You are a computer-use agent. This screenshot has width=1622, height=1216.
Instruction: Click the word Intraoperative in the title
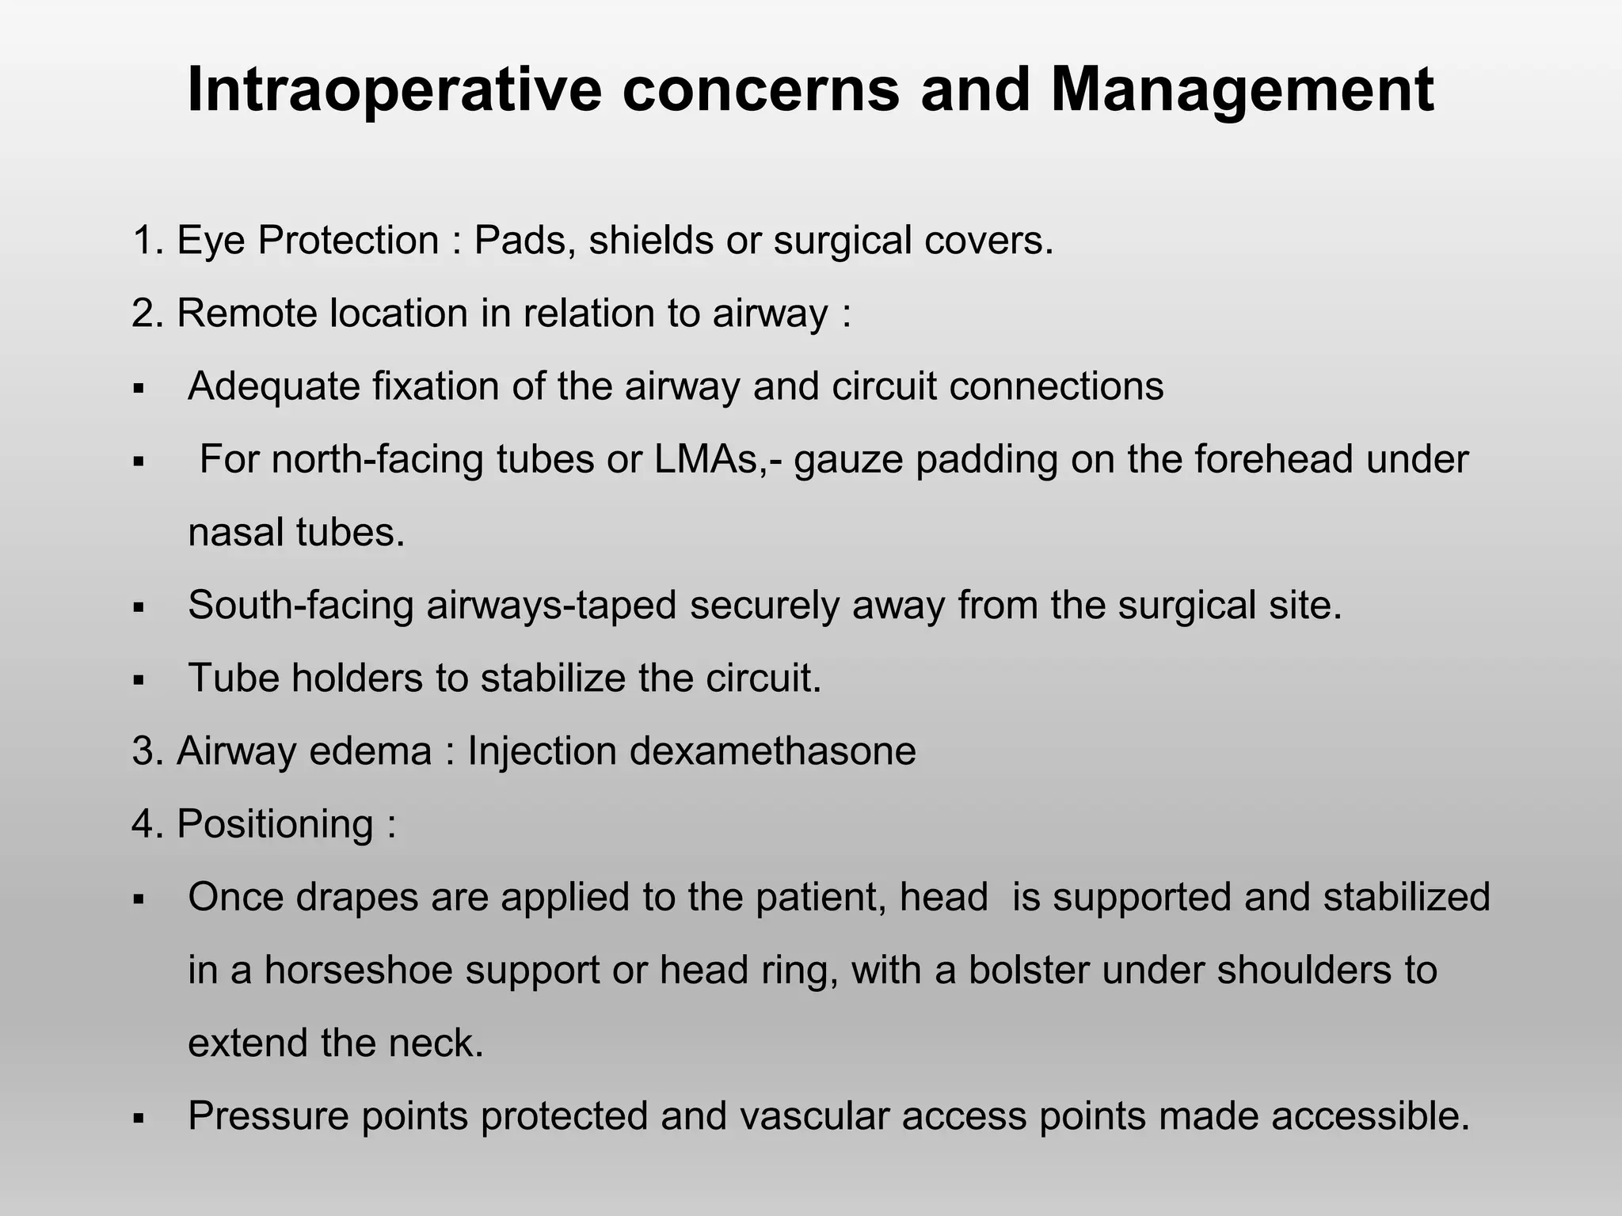[x=394, y=89]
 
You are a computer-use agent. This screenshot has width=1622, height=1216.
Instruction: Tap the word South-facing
[x=300, y=605]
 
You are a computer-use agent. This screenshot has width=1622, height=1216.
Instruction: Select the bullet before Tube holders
[x=139, y=680]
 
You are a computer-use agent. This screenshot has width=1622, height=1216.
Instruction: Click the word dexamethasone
[x=772, y=750]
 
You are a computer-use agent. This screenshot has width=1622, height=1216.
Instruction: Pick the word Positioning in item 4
[x=275, y=823]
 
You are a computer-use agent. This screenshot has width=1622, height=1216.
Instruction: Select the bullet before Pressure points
[x=139, y=1118]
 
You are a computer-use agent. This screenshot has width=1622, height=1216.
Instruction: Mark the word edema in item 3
[x=370, y=750]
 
